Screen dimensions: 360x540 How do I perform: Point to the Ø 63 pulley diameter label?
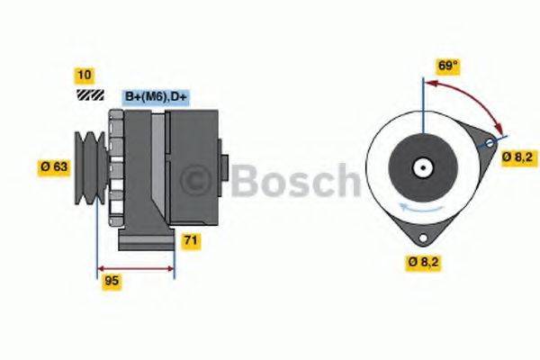[55, 166]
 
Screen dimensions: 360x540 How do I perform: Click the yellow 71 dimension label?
[191, 240]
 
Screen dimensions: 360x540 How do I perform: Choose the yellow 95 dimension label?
[112, 281]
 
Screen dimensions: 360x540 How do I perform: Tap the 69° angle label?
[448, 65]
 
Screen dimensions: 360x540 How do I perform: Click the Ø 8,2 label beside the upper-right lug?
[518, 157]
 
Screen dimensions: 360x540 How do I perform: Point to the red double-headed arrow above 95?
[135, 267]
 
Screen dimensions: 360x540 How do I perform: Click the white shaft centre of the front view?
[421, 167]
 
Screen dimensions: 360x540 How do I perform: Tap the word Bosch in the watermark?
[292, 182]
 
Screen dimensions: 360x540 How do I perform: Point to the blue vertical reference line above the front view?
[421, 99]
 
